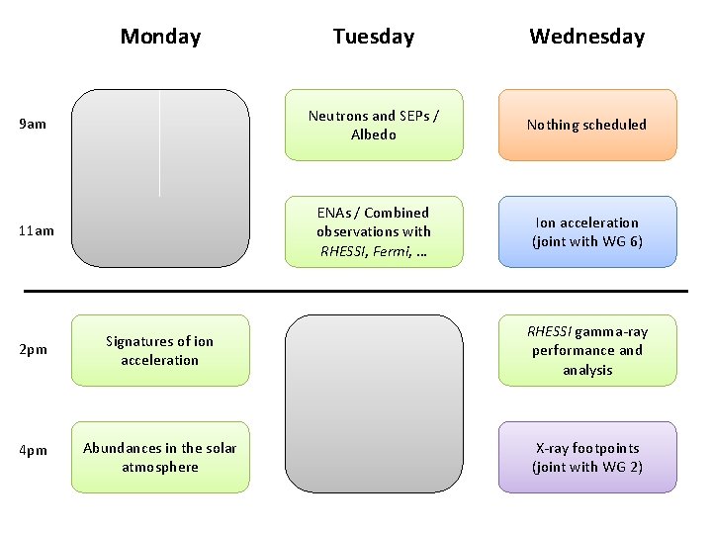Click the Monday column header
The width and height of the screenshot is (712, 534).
click(160, 37)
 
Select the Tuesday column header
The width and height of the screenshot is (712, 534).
click(374, 37)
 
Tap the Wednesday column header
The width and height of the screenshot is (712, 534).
click(586, 37)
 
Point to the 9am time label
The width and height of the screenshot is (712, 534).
click(34, 125)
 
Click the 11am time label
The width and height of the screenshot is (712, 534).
click(38, 231)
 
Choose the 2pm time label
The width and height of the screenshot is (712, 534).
click(34, 350)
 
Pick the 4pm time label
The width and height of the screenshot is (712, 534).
click(34, 451)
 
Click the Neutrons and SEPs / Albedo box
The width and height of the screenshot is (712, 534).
click(374, 125)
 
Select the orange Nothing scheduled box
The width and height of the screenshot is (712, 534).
click(587, 125)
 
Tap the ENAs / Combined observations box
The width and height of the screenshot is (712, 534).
click(374, 231)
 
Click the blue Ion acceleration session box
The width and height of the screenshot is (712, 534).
click(587, 231)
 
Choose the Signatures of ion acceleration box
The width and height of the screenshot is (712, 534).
click(160, 350)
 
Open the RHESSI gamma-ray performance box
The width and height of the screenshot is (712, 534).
click(587, 350)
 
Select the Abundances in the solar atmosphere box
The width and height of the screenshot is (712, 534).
click(160, 457)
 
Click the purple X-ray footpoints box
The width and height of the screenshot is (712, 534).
click(587, 457)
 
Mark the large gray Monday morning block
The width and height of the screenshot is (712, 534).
click(160, 178)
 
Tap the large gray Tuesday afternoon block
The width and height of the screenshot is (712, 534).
click(374, 403)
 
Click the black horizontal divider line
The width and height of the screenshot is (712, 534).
click(356, 291)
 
